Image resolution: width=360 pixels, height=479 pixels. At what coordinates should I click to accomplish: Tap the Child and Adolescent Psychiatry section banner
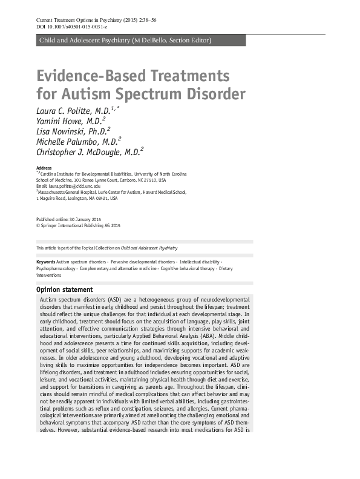(125, 41)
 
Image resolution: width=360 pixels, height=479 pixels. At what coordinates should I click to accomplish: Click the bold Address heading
(44, 167)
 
